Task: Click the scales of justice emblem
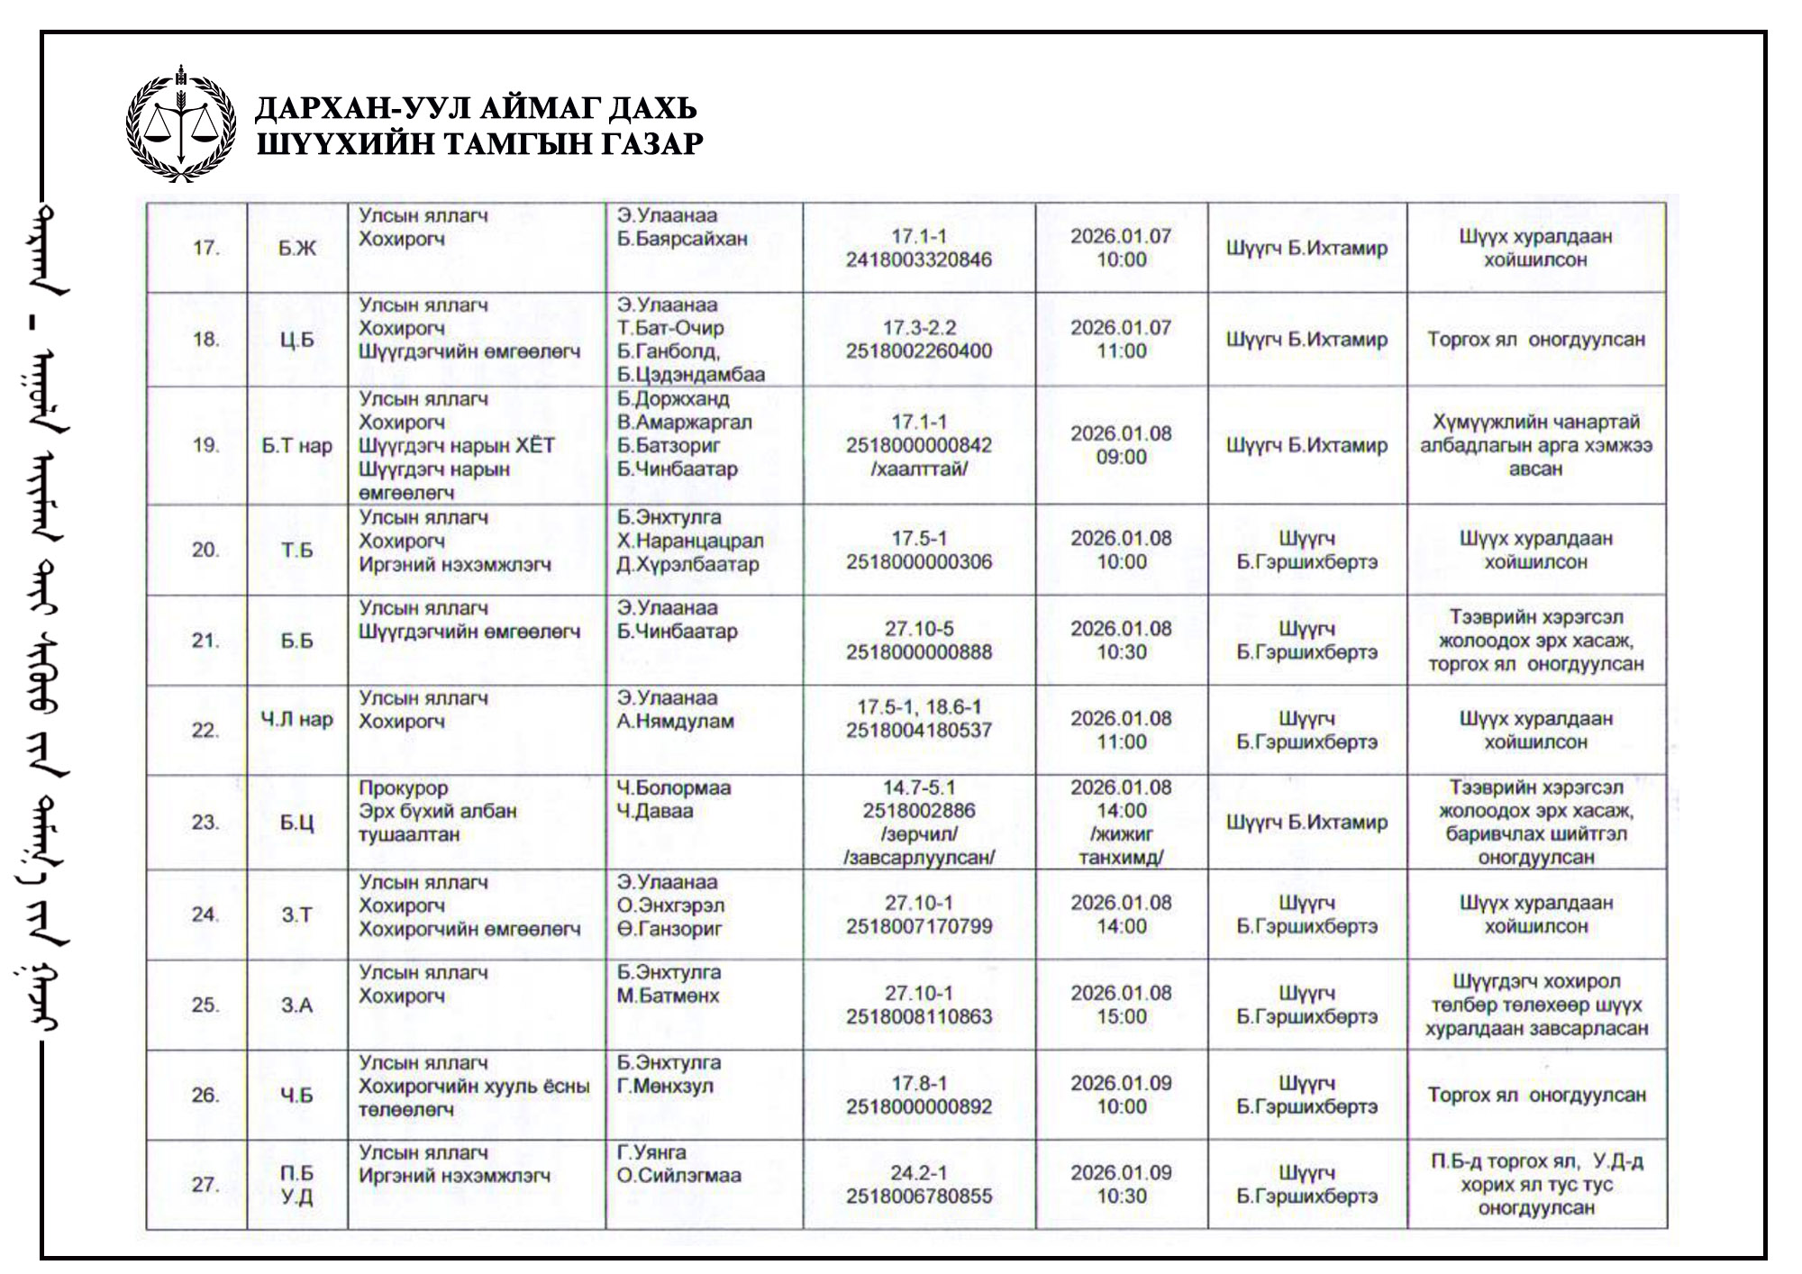click(x=181, y=123)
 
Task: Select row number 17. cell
click(x=205, y=248)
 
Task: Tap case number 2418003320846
click(x=918, y=259)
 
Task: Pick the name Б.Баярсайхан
click(x=682, y=239)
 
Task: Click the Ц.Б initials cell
click(x=296, y=340)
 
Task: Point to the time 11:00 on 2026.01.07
click(x=1121, y=351)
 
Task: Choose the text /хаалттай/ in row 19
click(x=918, y=469)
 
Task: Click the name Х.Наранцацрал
click(x=689, y=541)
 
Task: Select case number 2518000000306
click(x=918, y=561)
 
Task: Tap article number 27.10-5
click(x=918, y=628)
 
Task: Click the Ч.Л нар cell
click(x=296, y=719)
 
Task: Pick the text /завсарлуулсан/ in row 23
click(x=918, y=858)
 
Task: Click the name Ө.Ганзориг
click(x=669, y=929)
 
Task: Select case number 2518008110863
click(x=918, y=1016)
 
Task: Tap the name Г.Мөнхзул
click(x=665, y=1086)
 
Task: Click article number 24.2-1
click(x=918, y=1172)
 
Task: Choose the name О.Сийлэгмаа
click(x=678, y=1176)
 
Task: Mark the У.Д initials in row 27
click(x=296, y=1197)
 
